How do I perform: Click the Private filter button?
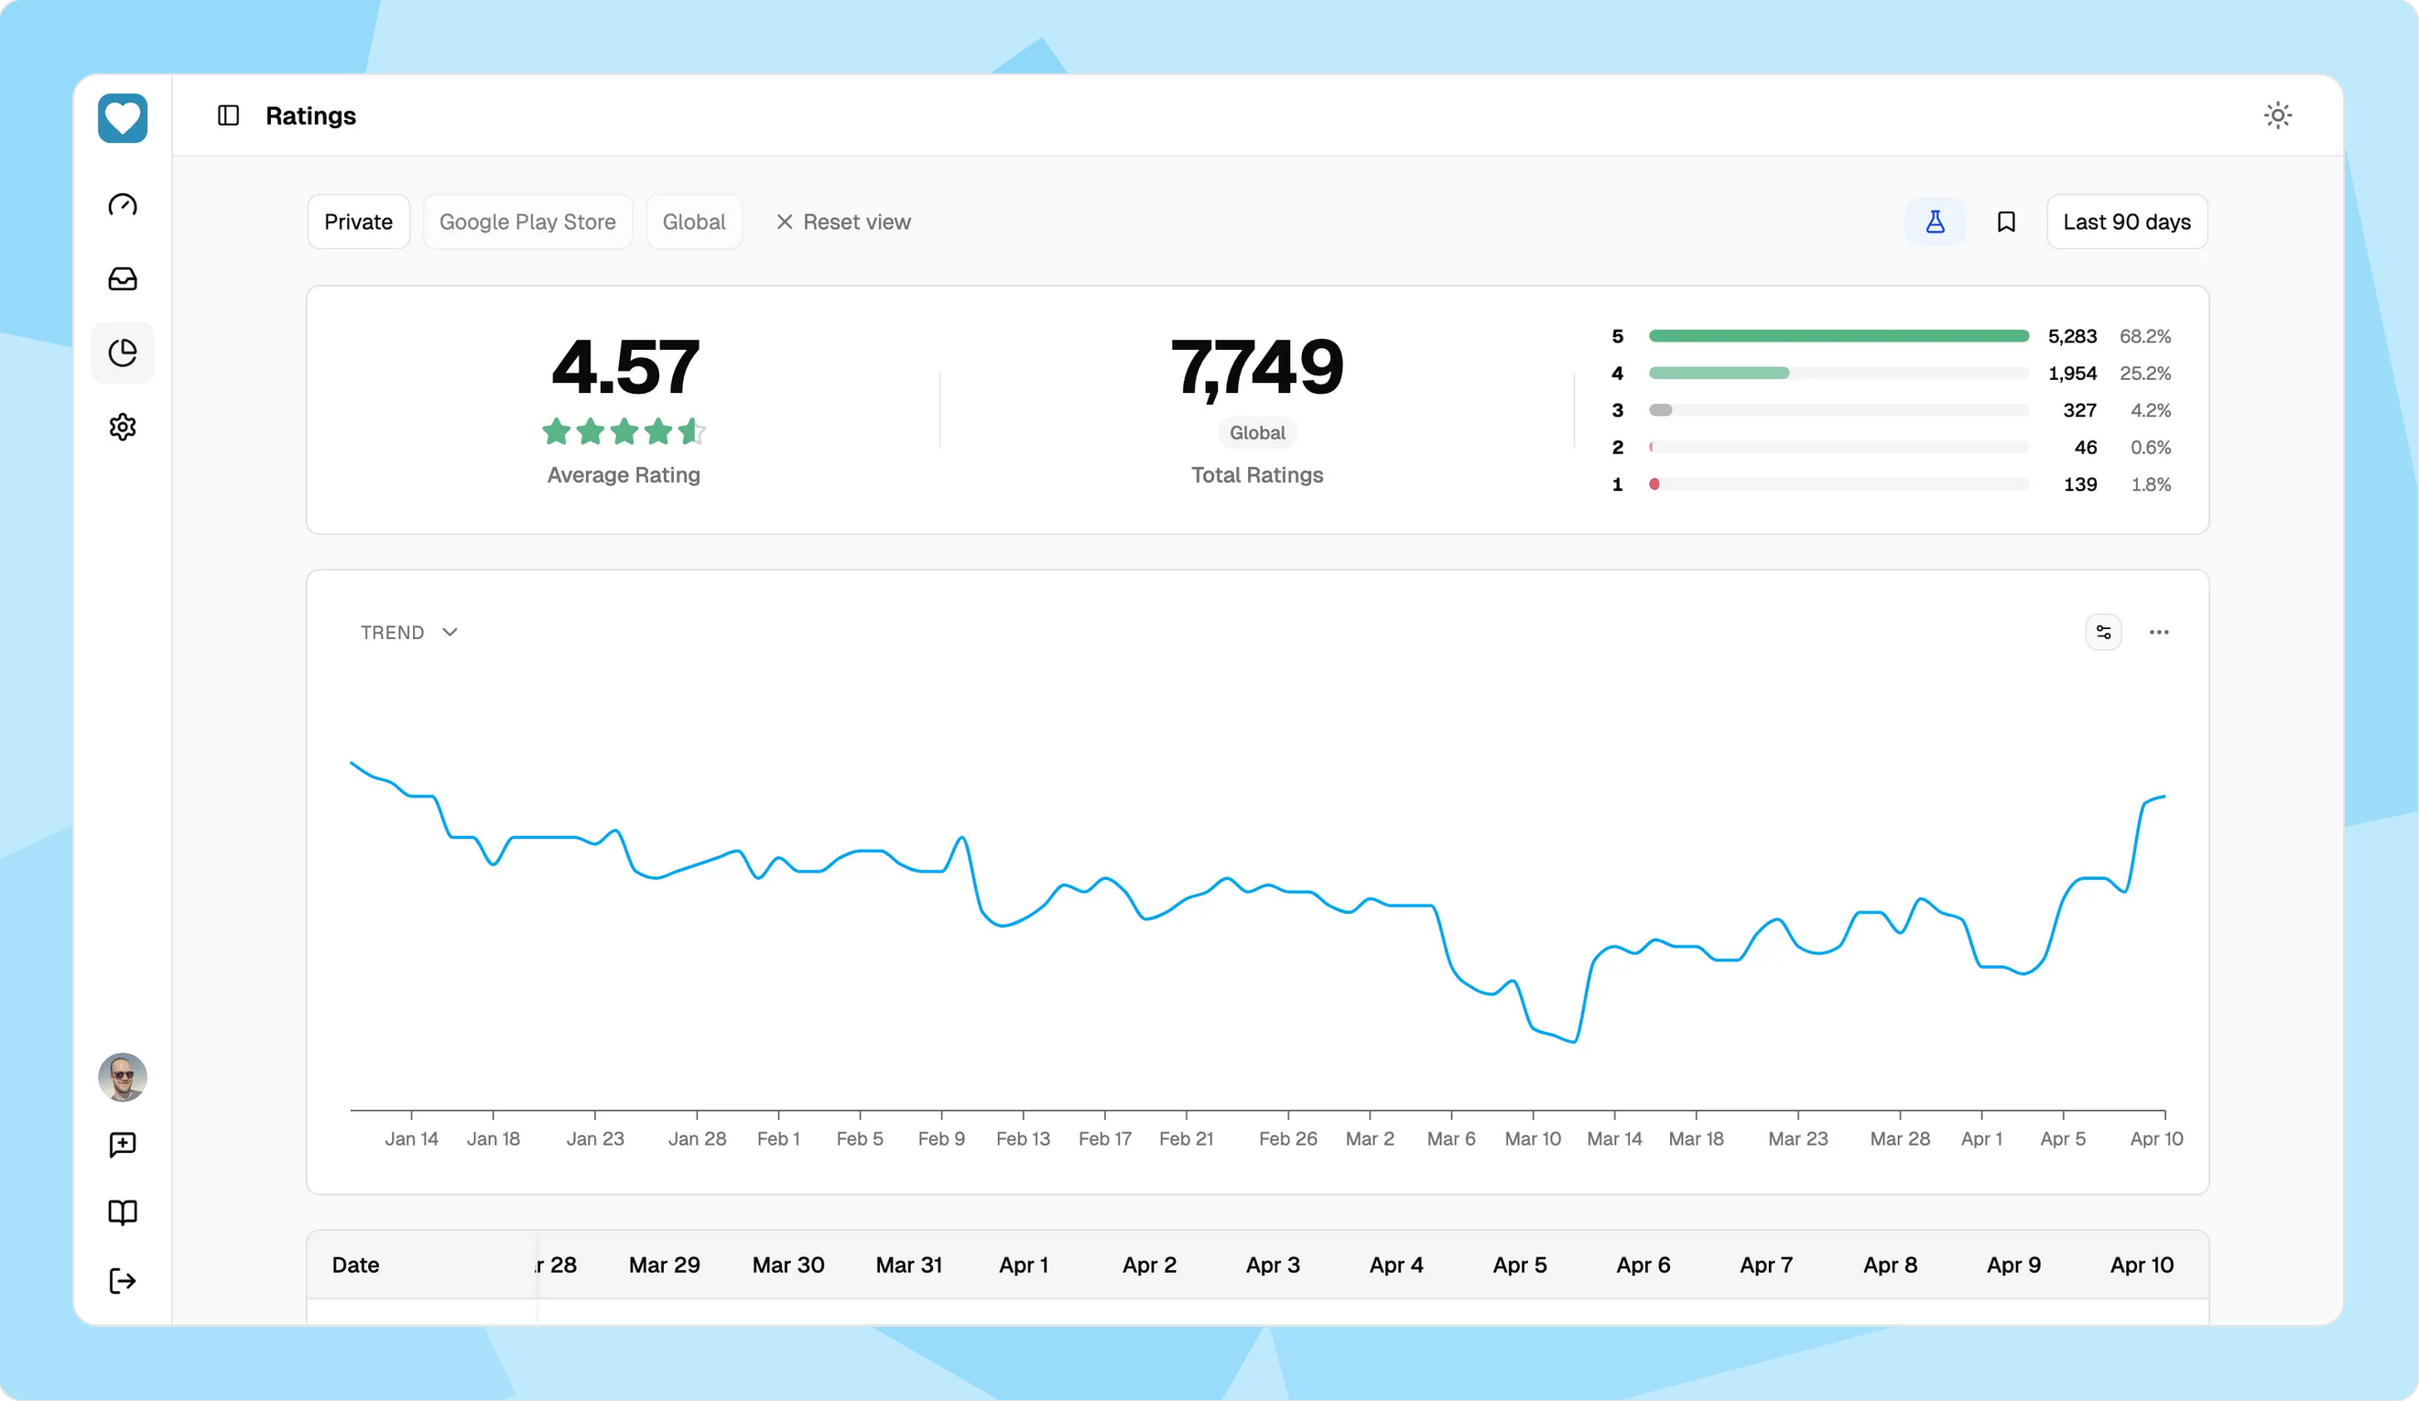click(358, 222)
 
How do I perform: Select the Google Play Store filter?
click(527, 222)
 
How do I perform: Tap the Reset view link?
click(843, 222)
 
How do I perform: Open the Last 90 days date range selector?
click(2126, 222)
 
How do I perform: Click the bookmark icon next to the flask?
click(2005, 222)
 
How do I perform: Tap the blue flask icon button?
click(1935, 222)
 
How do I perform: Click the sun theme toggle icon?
click(2277, 115)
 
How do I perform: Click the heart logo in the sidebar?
click(123, 118)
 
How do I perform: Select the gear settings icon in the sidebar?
click(123, 427)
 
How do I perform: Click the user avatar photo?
click(123, 1077)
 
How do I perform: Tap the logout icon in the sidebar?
click(123, 1280)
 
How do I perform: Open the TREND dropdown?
click(409, 632)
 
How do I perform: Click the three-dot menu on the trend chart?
click(2158, 632)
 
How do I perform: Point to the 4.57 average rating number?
click(625, 367)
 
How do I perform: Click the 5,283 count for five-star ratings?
click(2071, 336)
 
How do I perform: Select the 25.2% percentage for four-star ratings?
click(2144, 373)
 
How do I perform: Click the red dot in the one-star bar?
click(1654, 484)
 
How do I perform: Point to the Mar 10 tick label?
click(1532, 1138)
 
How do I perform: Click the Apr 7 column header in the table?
click(1765, 1265)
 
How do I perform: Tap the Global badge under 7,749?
click(1256, 432)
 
